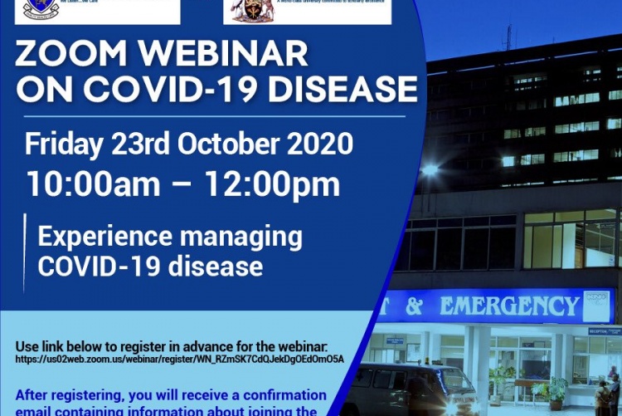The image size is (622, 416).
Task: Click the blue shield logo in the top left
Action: (x=41, y=8)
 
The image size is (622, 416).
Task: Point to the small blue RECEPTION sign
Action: (x=605, y=330)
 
